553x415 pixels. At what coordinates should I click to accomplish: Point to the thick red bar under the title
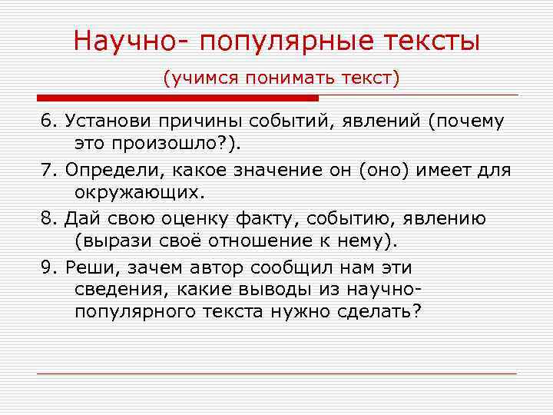point(177,98)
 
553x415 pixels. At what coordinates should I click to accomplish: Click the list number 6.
point(46,121)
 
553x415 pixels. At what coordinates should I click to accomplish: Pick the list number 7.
point(46,169)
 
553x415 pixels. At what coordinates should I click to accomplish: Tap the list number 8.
point(46,217)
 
